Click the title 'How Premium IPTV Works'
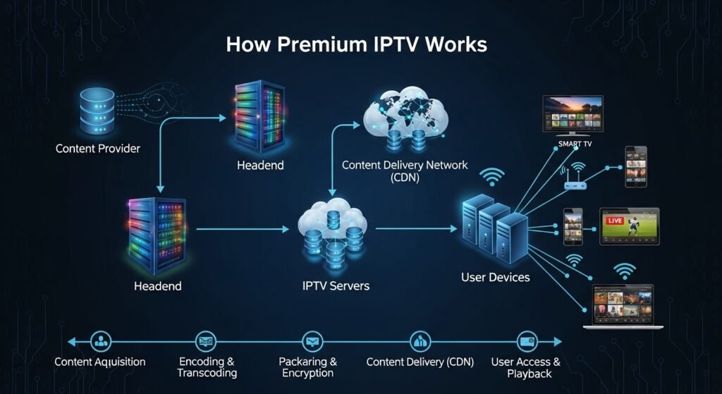coord(356,44)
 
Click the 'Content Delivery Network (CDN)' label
coord(404,171)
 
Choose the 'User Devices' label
coord(495,277)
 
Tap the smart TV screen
coord(572,113)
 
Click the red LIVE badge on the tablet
coord(615,221)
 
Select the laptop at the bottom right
coord(623,307)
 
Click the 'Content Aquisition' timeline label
coord(100,362)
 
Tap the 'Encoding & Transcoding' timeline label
coord(207,367)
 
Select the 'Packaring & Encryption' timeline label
coord(307,367)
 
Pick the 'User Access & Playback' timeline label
coord(525,367)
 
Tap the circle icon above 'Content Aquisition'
coord(102,341)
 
